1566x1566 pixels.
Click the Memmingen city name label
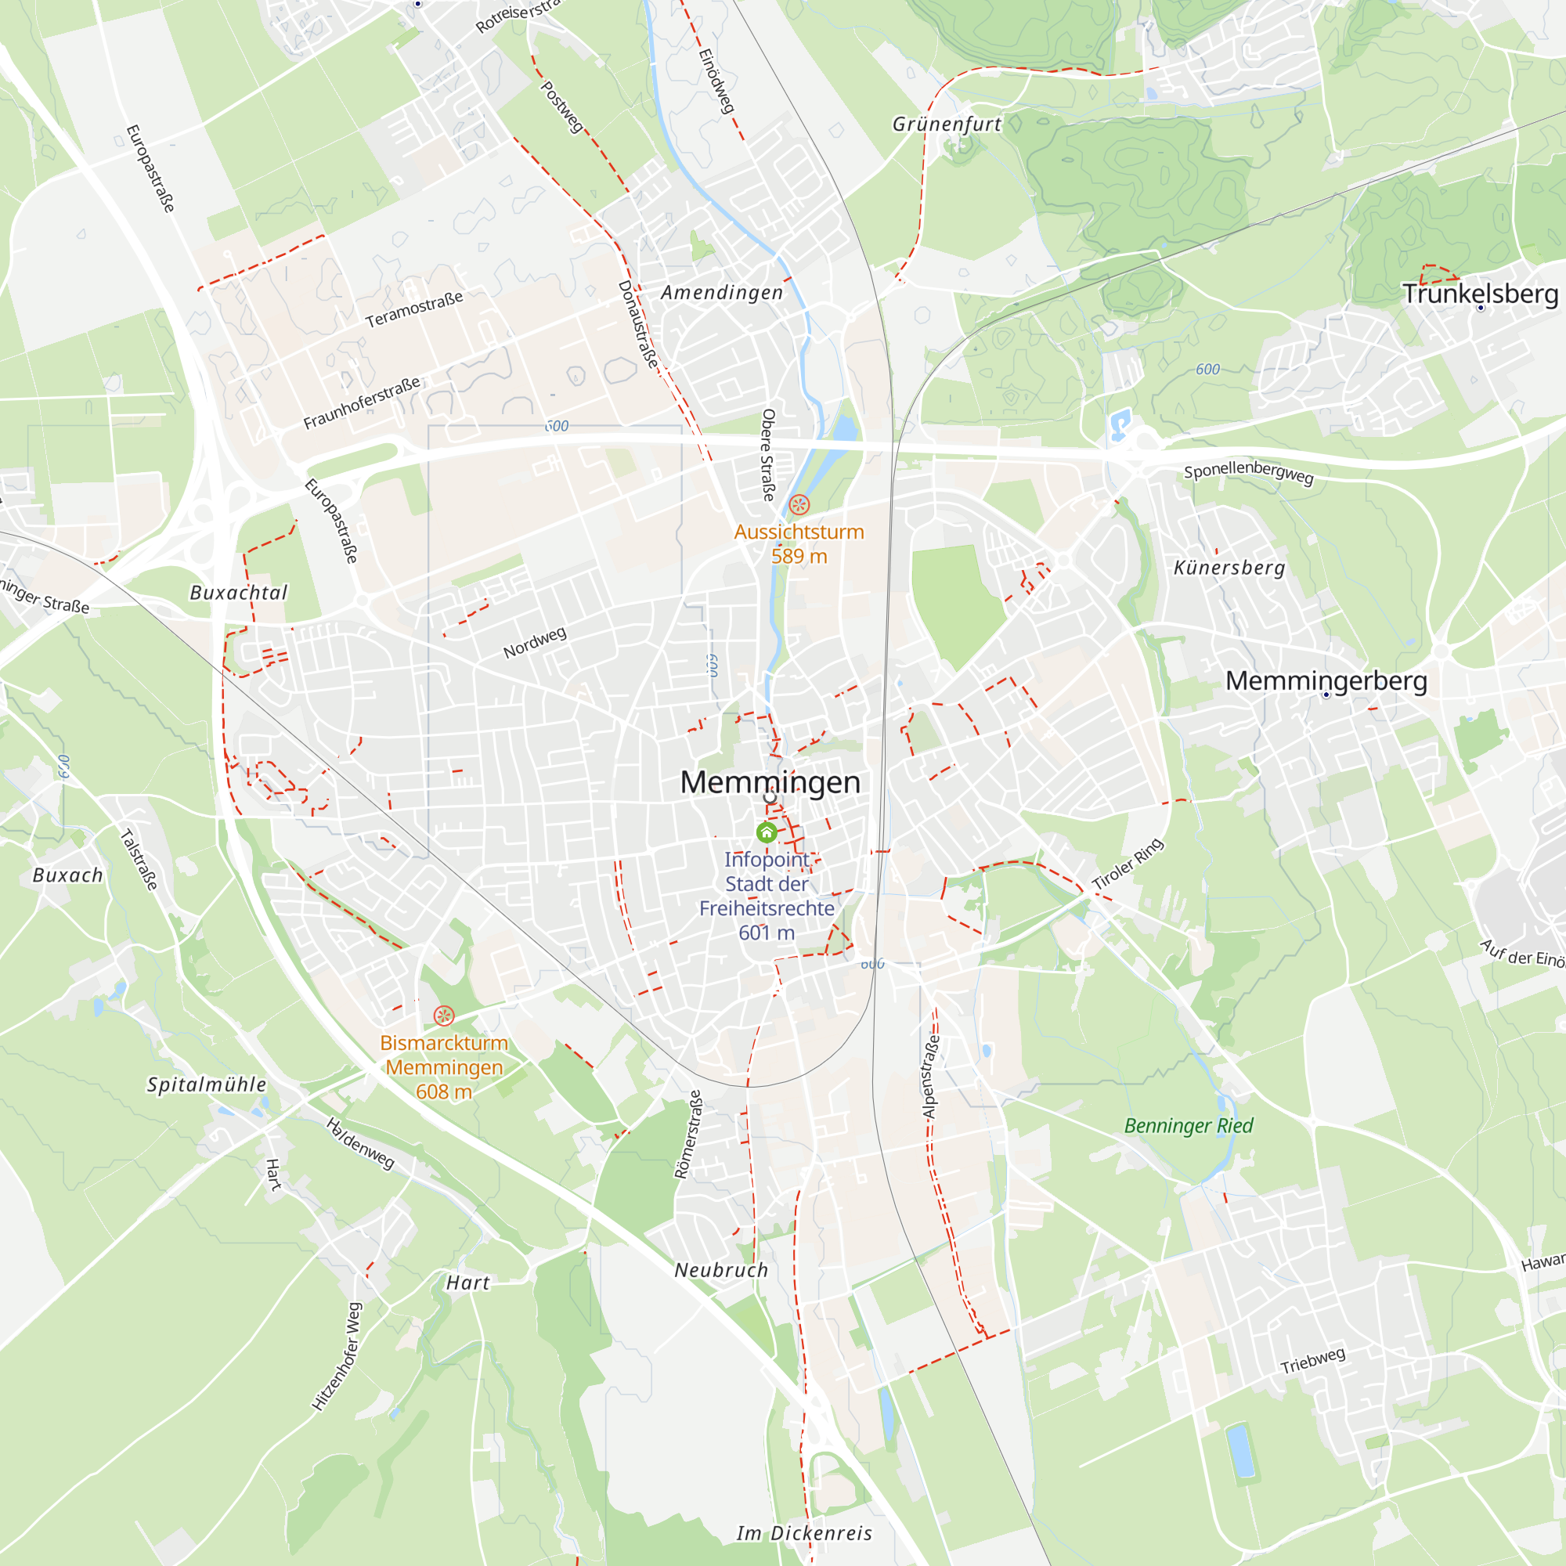[x=769, y=782]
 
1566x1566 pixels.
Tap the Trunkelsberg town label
[x=1480, y=294]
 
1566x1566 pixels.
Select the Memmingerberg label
[x=1326, y=681]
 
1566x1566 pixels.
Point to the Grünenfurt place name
[x=947, y=124]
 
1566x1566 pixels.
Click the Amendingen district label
[x=721, y=293]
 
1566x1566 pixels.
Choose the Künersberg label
[x=1229, y=568]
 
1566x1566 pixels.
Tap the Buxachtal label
[x=238, y=593]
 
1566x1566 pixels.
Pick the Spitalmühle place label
[x=206, y=1084]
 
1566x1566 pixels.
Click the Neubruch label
[x=721, y=1270]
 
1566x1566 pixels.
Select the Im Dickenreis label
[x=804, y=1533]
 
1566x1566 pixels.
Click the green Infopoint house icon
[x=766, y=832]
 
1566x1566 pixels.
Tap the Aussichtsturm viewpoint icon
[x=799, y=505]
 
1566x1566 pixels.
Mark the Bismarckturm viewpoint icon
[x=443, y=1016]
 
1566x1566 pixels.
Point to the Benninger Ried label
[x=1189, y=1125]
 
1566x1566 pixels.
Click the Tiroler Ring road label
[x=1128, y=865]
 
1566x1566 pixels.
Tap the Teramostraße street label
[x=414, y=309]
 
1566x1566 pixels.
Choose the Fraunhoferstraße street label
[x=362, y=402]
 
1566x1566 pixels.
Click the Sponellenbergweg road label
[x=1248, y=473]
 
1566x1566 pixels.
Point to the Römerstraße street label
[x=687, y=1134]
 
